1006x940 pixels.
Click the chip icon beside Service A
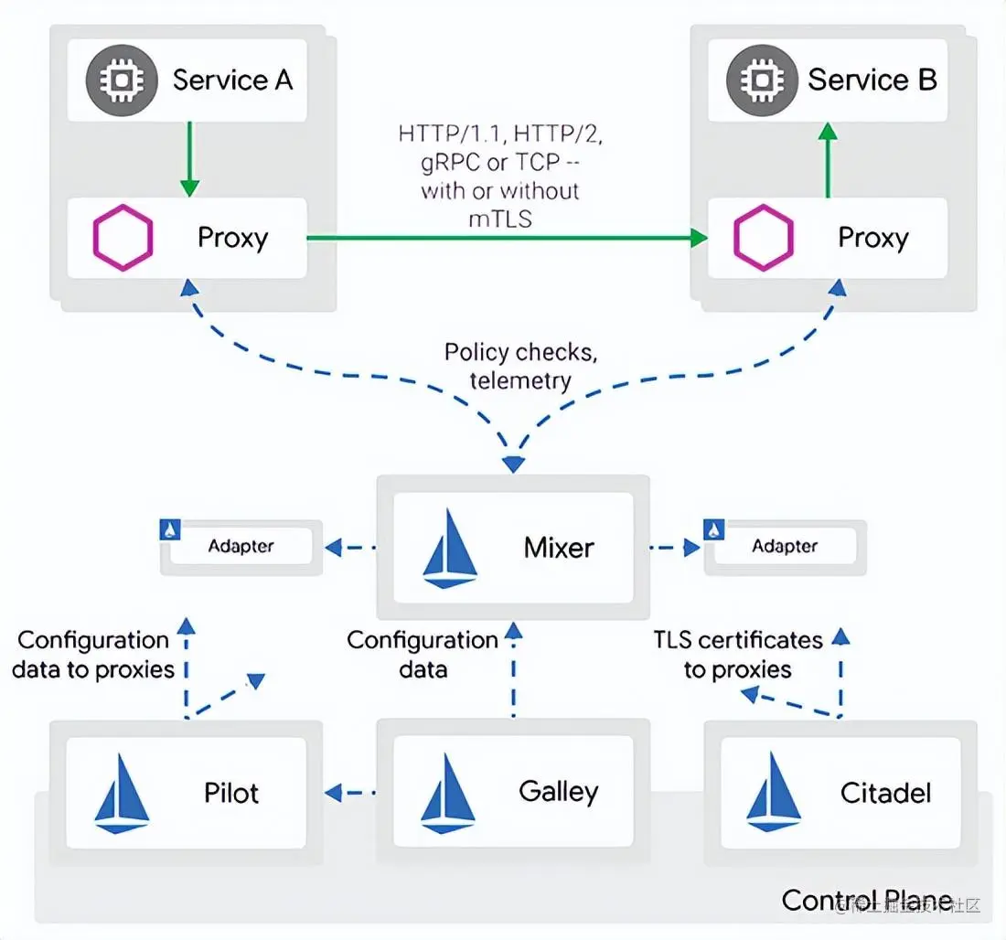click(x=122, y=80)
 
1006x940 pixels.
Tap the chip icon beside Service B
click(x=762, y=80)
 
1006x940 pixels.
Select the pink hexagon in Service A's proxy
click(x=123, y=238)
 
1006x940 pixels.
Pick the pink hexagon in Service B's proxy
click(x=764, y=238)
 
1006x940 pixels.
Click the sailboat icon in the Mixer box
click(x=450, y=549)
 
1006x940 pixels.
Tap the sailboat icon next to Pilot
click(x=122, y=794)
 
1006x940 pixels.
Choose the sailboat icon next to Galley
click(x=448, y=793)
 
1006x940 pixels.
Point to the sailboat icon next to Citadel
click(x=774, y=793)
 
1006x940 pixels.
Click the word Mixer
click(x=559, y=548)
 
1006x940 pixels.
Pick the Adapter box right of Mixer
click(x=786, y=547)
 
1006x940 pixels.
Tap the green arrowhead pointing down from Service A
click(x=189, y=188)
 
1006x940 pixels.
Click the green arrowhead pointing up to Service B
click(x=829, y=132)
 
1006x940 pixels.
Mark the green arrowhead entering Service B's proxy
click(x=699, y=238)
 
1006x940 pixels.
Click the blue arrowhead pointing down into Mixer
click(x=513, y=464)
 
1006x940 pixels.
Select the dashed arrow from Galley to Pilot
click(x=350, y=793)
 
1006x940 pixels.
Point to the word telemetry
click(x=520, y=381)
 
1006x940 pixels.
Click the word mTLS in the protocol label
click(x=500, y=219)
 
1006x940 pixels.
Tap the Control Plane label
click(x=867, y=900)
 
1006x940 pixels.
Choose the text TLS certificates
click(x=738, y=640)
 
